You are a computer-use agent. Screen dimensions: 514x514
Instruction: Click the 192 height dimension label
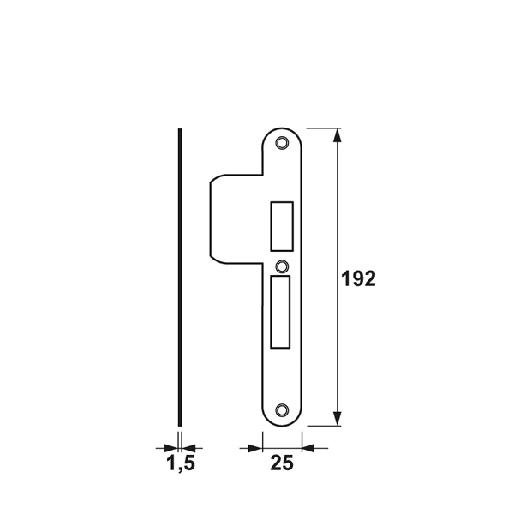coord(358,280)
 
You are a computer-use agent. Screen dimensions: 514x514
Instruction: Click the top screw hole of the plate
coord(283,142)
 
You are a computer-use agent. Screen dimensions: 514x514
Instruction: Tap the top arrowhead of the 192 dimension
coord(339,134)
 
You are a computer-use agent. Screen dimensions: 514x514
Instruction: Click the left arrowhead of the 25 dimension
coord(254,446)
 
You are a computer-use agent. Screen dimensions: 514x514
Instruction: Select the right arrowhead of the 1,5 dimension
coord(188,446)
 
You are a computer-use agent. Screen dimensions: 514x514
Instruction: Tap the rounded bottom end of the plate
coord(283,421)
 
